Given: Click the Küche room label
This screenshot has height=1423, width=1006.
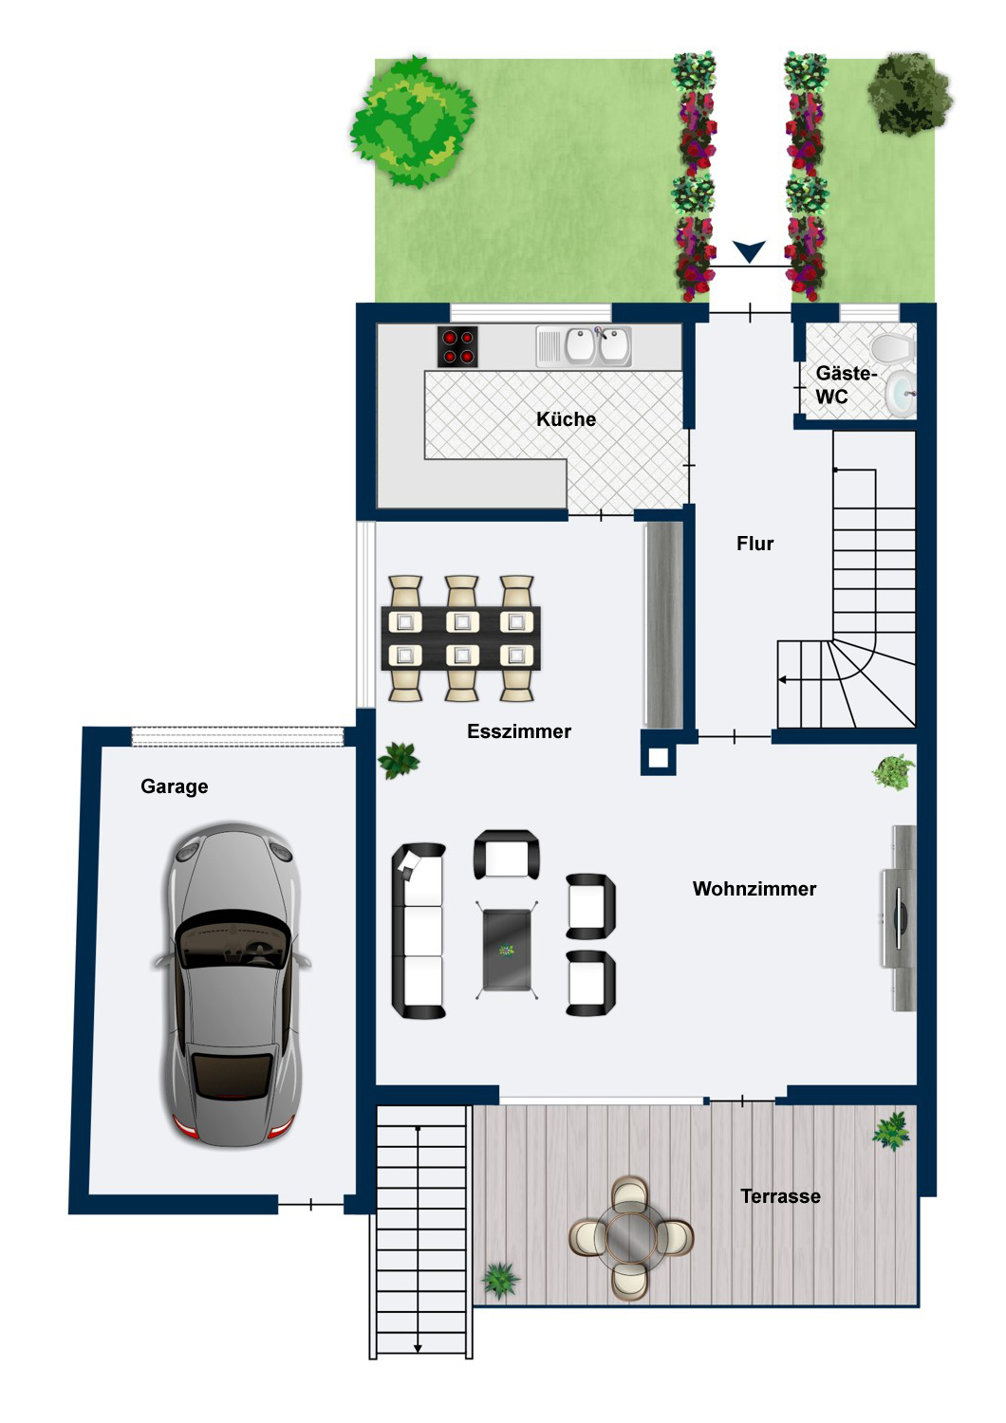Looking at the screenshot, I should tap(566, 419).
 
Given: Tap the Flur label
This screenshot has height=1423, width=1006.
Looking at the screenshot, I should tap(754, 544).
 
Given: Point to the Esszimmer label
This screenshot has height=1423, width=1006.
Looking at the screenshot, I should tap(519, 731).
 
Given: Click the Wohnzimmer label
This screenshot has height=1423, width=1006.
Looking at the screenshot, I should tap(754, 889).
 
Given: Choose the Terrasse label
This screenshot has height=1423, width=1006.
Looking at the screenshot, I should tap(780, 1196).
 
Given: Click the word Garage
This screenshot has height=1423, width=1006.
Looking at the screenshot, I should tap(174, 786).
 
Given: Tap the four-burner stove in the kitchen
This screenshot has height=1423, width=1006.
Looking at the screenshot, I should tap(457, 346).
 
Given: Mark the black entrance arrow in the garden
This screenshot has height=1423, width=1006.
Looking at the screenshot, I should tap(750, 251).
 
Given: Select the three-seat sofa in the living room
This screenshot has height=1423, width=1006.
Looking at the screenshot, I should tap(419, 931).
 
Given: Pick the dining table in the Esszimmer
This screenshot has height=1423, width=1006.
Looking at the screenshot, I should tap(461, 638).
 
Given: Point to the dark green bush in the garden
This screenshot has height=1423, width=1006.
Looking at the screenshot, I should tap(909, 94).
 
